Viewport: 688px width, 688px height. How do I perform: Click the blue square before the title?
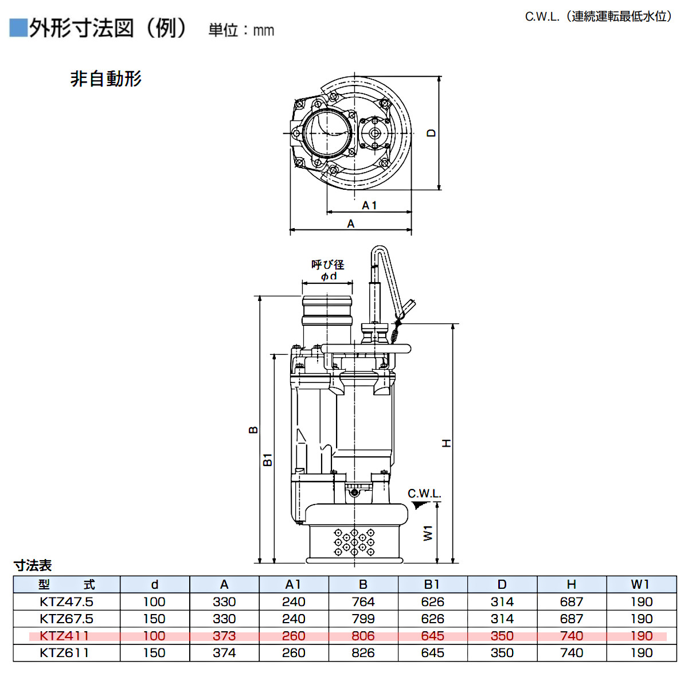click(18, 28)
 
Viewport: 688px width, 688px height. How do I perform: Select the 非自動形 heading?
click(105, 79)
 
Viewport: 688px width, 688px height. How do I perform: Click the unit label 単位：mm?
click(241, 30)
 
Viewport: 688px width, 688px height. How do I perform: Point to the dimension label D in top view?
click(431, 133)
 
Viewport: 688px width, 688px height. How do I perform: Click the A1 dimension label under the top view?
click(369, 205)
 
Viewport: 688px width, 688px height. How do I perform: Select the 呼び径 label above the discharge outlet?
click(327, 265)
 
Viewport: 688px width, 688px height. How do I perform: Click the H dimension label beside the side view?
click(446, 443)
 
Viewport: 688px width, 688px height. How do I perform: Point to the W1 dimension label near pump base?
click(428, 533)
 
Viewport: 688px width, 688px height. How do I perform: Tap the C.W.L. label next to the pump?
click(424, 494)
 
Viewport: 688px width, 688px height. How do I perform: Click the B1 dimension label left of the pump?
click(268, 459)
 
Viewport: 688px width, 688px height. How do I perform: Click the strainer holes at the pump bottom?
click(354, 542)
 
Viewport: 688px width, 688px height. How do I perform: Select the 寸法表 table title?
click(33, 565)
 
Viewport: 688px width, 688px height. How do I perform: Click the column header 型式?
click(67, 585)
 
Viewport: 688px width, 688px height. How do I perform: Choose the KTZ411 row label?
click(64, 636)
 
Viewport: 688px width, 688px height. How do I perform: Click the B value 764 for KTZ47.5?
click(363, 602)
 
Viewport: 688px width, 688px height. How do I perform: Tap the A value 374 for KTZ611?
click(224, 653)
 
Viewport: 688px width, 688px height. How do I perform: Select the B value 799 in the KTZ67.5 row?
click(363, 619)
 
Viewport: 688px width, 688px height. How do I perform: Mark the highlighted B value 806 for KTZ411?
click(363, 636)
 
